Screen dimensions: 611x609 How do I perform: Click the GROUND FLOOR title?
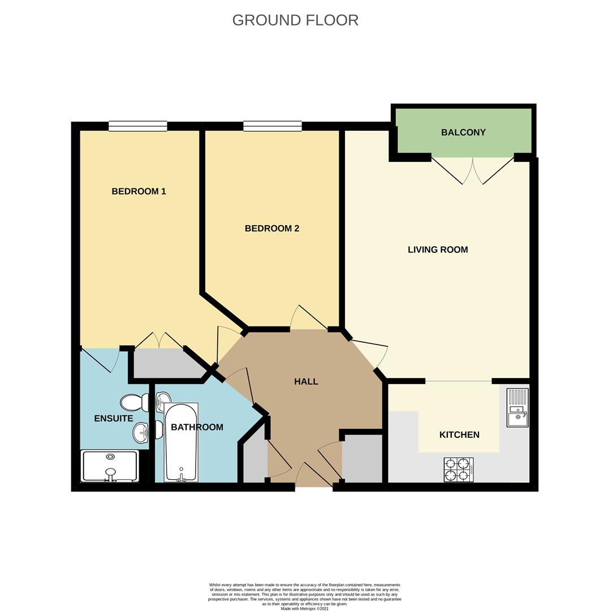[295, 20]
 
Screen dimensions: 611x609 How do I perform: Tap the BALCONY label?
[463, 132]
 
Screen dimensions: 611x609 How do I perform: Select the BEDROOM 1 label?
[139, 191]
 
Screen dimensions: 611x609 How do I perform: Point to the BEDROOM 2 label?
[271, 229]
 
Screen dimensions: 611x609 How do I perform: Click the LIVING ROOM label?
[438, 249]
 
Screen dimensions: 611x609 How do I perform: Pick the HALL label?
[306, 382]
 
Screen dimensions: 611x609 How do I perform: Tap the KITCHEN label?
[459, 434]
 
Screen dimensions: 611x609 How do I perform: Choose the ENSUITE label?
[114, 419]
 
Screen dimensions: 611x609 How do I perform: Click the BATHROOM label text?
[197, 427]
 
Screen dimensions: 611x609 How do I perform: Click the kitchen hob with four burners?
[459, 470]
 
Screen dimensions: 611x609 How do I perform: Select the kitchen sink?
[517, 407]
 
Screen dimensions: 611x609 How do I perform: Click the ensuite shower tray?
[110, 466]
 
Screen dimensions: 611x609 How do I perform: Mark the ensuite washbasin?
[141, 433]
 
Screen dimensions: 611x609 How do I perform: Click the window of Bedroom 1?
[137, 126]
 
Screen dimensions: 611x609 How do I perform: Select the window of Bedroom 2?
[272, 126]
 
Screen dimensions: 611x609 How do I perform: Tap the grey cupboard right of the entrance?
[362, 459]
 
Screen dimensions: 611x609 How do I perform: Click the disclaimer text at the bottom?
[304, 596]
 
